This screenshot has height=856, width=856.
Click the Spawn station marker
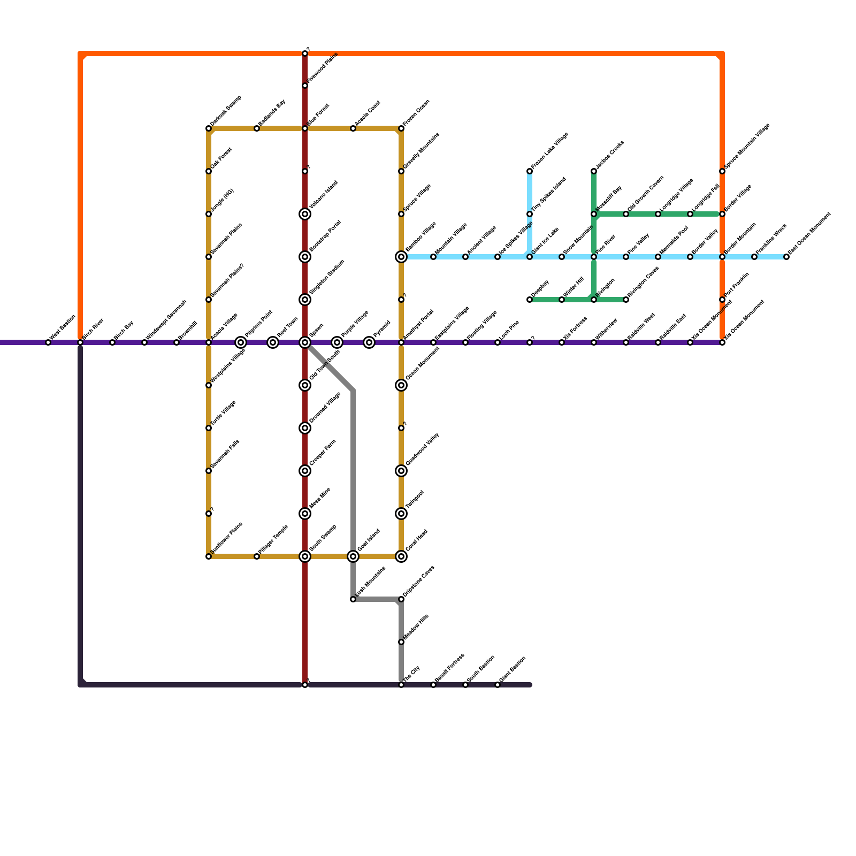305,342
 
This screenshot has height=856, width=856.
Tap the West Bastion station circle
48,342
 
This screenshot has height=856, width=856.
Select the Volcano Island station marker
305,214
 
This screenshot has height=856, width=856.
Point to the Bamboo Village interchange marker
401,257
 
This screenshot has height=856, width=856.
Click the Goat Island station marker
353,556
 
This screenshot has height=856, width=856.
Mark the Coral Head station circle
401,556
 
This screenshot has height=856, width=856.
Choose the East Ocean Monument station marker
786,257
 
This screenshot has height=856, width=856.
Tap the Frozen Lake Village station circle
530,171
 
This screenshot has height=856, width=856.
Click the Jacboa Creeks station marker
594,171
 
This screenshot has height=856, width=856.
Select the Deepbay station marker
530,300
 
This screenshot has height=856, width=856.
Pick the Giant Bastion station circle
498,685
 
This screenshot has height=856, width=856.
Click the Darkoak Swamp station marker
209,128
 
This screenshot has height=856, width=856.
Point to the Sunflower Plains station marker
209,556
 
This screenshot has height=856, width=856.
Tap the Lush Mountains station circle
353,599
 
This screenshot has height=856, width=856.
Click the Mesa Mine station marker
305,514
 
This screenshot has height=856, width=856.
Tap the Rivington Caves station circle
626,300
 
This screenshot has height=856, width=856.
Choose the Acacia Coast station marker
353,128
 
